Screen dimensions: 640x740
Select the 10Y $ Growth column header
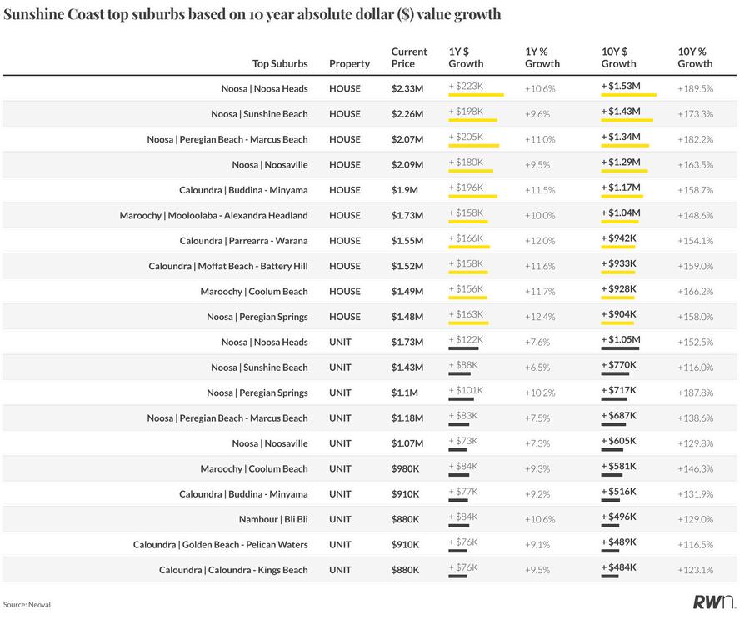pyautogui.click(x=618, y=57)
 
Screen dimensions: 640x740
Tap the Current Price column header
pyautogui.click(x=408, y=57)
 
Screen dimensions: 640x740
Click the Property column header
pyautogui.click(x=349, y=63)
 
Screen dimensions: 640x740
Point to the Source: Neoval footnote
pyautogui.click(x=27, y=604)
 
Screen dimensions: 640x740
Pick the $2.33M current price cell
pyautogui.click(x=407, y=88)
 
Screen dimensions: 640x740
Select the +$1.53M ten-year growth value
pyautogui.click(x=621, y=87)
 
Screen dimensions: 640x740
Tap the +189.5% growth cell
pyautogui.click(x=695, y=88)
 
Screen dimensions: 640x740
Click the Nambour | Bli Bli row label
pyautogui.click(x=273, y=519)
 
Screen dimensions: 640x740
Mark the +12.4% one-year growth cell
pyautogui.click(x=540, y=317)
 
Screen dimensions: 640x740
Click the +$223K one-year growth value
pyautogui.click(x=466, y=87)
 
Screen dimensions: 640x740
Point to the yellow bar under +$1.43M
pyautogui.click(x=627, y=121)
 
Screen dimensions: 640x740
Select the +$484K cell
pyautogui.click(x=618, y=568)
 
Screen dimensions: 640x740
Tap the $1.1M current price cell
pyautogui.click(x=404, y=392)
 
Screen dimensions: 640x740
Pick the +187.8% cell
pyautogui.click(x=695, y=392)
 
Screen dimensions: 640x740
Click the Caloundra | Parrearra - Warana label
pyautogui.click(x=243, y=241)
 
